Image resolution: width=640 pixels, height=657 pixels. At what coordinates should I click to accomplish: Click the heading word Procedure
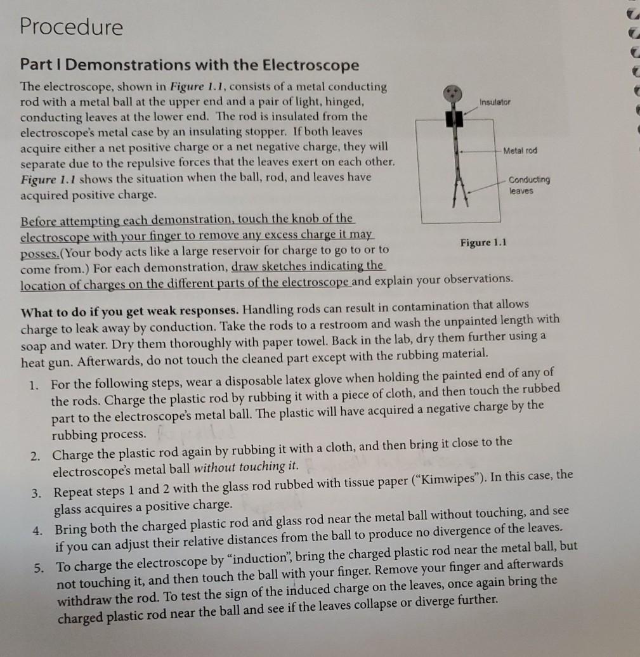click(71, 27)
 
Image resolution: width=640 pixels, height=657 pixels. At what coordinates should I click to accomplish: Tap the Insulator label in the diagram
click(495, 101)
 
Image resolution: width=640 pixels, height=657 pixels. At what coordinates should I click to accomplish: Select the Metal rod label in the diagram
click(519, 150)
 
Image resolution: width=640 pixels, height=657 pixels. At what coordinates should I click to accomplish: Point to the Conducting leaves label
click(529, 185)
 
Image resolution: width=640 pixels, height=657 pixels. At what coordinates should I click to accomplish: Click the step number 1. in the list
click(36, 385)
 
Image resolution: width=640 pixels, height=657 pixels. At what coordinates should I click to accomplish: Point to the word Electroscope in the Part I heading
click(310, 65)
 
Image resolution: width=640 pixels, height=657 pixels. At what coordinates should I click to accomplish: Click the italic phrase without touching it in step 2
click(245, 467)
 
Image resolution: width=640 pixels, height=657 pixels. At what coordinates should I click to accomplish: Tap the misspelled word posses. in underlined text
click(40, 250)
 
